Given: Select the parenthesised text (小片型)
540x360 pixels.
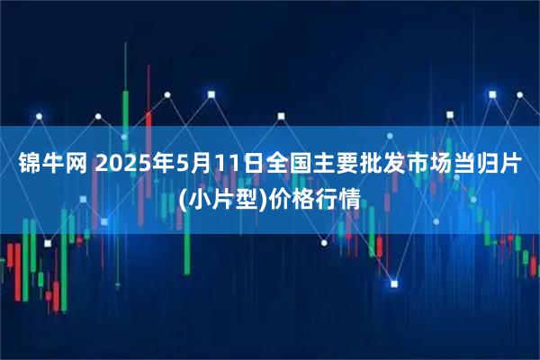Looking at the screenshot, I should coord(223,197).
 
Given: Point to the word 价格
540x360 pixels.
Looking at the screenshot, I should coord(289,197).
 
